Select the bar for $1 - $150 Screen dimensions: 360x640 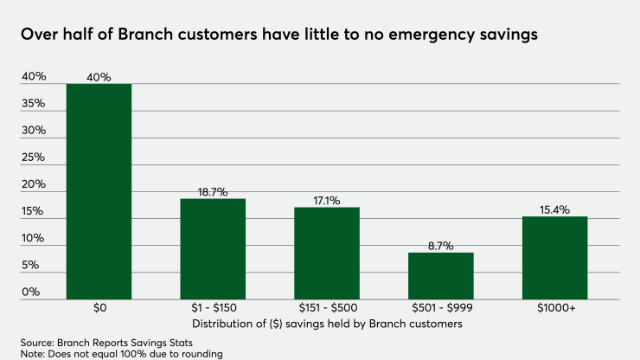point(213,248)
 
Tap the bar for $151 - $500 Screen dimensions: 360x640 point(327,253)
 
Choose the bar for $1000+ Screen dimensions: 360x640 point(555,257)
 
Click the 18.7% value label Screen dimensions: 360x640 point(213,192)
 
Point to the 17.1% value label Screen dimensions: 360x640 point(327,201)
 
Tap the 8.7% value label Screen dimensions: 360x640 point(441,246)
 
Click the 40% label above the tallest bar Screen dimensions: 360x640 point(99,77)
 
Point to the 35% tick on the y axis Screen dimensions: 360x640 point(34,104)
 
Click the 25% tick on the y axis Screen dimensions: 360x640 point(34,157)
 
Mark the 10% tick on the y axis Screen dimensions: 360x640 point(34,238)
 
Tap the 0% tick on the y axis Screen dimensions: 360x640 point(32,292)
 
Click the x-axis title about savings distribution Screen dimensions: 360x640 point(326,324)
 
